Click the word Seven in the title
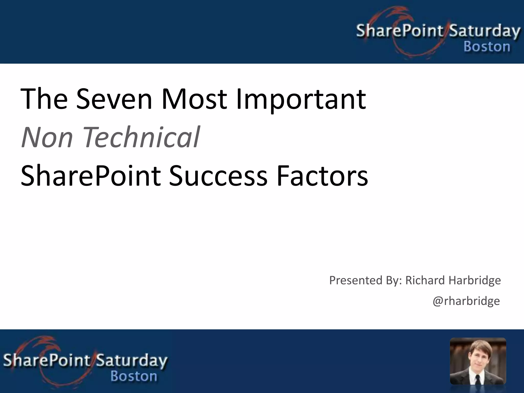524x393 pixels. coord(114,99)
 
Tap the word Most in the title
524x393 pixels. coord(194,99)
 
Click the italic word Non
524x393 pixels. coord(47,137)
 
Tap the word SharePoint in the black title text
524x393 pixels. coord(91,176)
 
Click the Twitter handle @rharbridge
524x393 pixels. coord(466,301)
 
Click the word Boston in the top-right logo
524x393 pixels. coord(487,47)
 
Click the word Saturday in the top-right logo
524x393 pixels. coord(484,31)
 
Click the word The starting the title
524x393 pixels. coord(44,99)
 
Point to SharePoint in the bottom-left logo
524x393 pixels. coord(47,360)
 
